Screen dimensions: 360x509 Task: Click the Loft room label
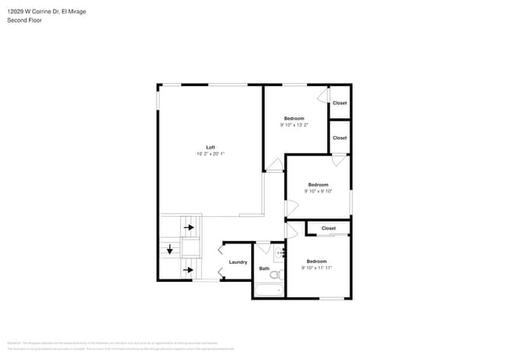pyautogui.click(x=210, y=147)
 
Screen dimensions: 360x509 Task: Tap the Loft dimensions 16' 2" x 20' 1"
pyautogui.click(x=210, y=154)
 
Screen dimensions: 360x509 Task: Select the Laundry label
pyautogui.click(x=238, y=262)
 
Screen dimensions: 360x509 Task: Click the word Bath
pyautogui.click(x=264, y=269)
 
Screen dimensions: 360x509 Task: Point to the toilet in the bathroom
pyautogui.click(x=276, y=274)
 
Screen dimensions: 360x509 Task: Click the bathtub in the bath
pyautogui.click(x=268, y=290)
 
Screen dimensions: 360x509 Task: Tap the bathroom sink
pyautogui.click(x=279, y=254)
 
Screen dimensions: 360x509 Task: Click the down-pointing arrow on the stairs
pyautogui.click(x=169, y=250)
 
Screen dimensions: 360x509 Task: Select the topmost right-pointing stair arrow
pyautogui.click(x=189, y=228)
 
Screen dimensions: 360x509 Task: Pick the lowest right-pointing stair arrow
pyautogui.click(x=189, y=271)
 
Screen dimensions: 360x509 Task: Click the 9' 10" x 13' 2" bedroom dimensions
pyautogui.click(x=294, y=124)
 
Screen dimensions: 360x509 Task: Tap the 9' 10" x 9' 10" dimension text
pyautogui.click(x=317, y=191)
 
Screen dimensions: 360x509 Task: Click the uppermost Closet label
pyautogui.click(x=339, y=103)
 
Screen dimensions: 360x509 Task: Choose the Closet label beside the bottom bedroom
pyautogui.click(x=328, y=229)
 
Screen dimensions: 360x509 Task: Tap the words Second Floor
pyautogui.click(x=24, y=20)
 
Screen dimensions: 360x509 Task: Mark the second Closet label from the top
pyautogui.click(x=339, y=138)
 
